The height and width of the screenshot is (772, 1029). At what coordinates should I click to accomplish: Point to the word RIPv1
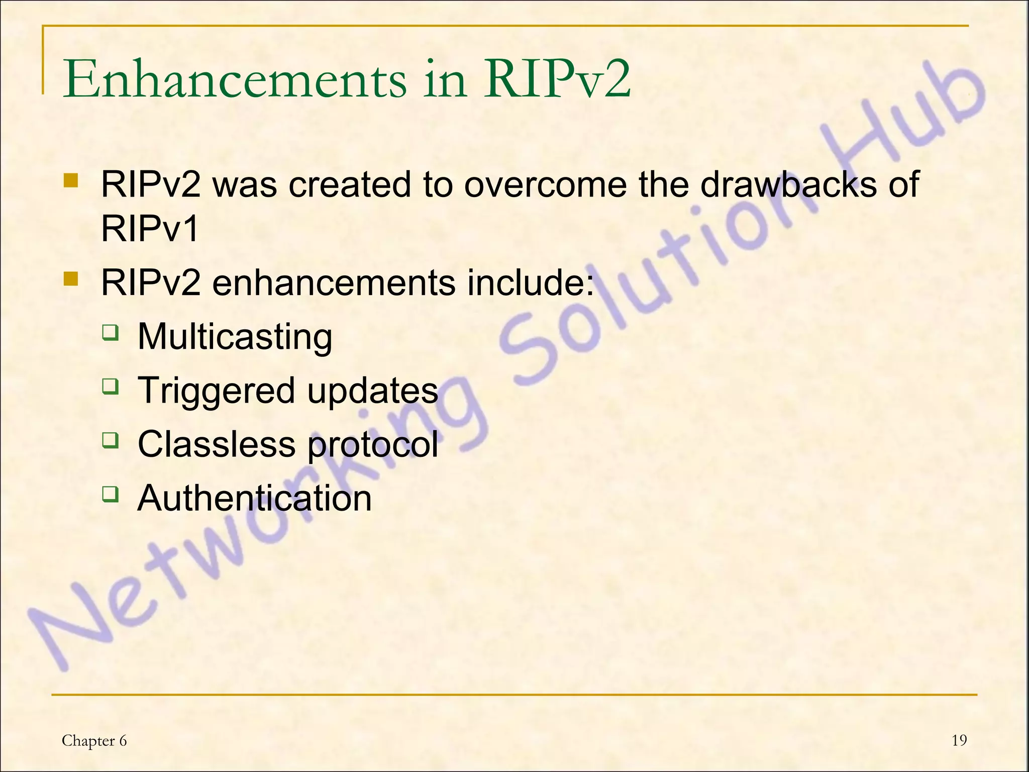tap(150, 228)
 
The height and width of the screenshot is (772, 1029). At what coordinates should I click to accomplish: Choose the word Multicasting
tap(235, 337)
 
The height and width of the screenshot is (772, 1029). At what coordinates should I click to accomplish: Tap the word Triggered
tap(216, 391)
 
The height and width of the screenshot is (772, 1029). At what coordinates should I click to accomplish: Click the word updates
tap(372, 392)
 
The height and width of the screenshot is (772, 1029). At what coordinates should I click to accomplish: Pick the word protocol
tap(372, 445)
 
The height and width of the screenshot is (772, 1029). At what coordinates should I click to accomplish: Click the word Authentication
tap(254, 498)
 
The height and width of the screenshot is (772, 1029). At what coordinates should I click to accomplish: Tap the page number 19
tap(959, 740)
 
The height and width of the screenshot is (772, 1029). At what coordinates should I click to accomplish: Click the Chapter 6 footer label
tap(94, 741)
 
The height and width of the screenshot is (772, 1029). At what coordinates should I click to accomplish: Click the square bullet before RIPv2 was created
tap(71, 180)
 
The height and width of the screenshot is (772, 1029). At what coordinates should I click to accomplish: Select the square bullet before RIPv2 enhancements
tap(71, 279)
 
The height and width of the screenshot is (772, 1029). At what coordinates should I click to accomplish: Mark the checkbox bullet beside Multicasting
tap(110, 333)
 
